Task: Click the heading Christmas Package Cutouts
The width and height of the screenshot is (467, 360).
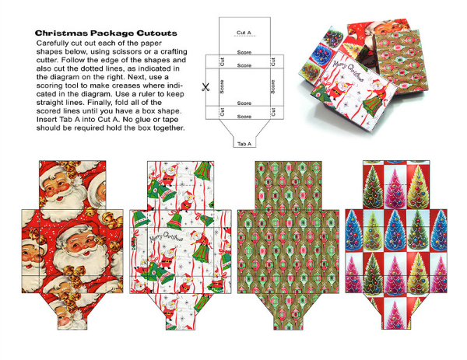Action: coord(106,33)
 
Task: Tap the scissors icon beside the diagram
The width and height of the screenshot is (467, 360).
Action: coord(205,87)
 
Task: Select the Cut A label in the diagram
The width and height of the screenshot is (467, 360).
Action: coord(244,33)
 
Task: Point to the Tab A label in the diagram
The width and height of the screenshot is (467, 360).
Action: coord(244,144)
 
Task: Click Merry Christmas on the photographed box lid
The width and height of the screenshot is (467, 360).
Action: coord(348,71)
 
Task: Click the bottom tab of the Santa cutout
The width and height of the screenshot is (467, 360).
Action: coord(72,312)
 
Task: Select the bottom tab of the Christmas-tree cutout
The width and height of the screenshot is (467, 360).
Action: coord(396,312)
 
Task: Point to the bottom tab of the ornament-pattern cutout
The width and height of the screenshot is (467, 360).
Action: coord(288,312)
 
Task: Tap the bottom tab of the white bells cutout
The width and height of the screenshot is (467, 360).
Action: coord(181,312)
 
